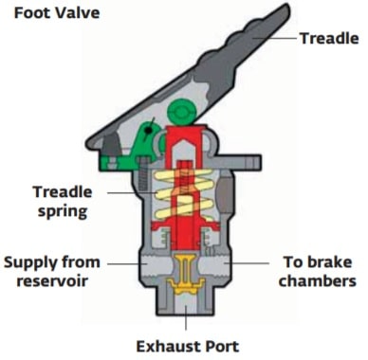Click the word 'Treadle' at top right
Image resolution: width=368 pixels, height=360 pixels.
pyautogui.click(x=329, y=39)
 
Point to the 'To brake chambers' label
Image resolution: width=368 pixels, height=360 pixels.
pyautogui.click(x=320, y=270)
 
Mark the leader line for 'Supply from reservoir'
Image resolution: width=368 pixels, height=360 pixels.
pyautogui.click(x=121, y=260)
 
